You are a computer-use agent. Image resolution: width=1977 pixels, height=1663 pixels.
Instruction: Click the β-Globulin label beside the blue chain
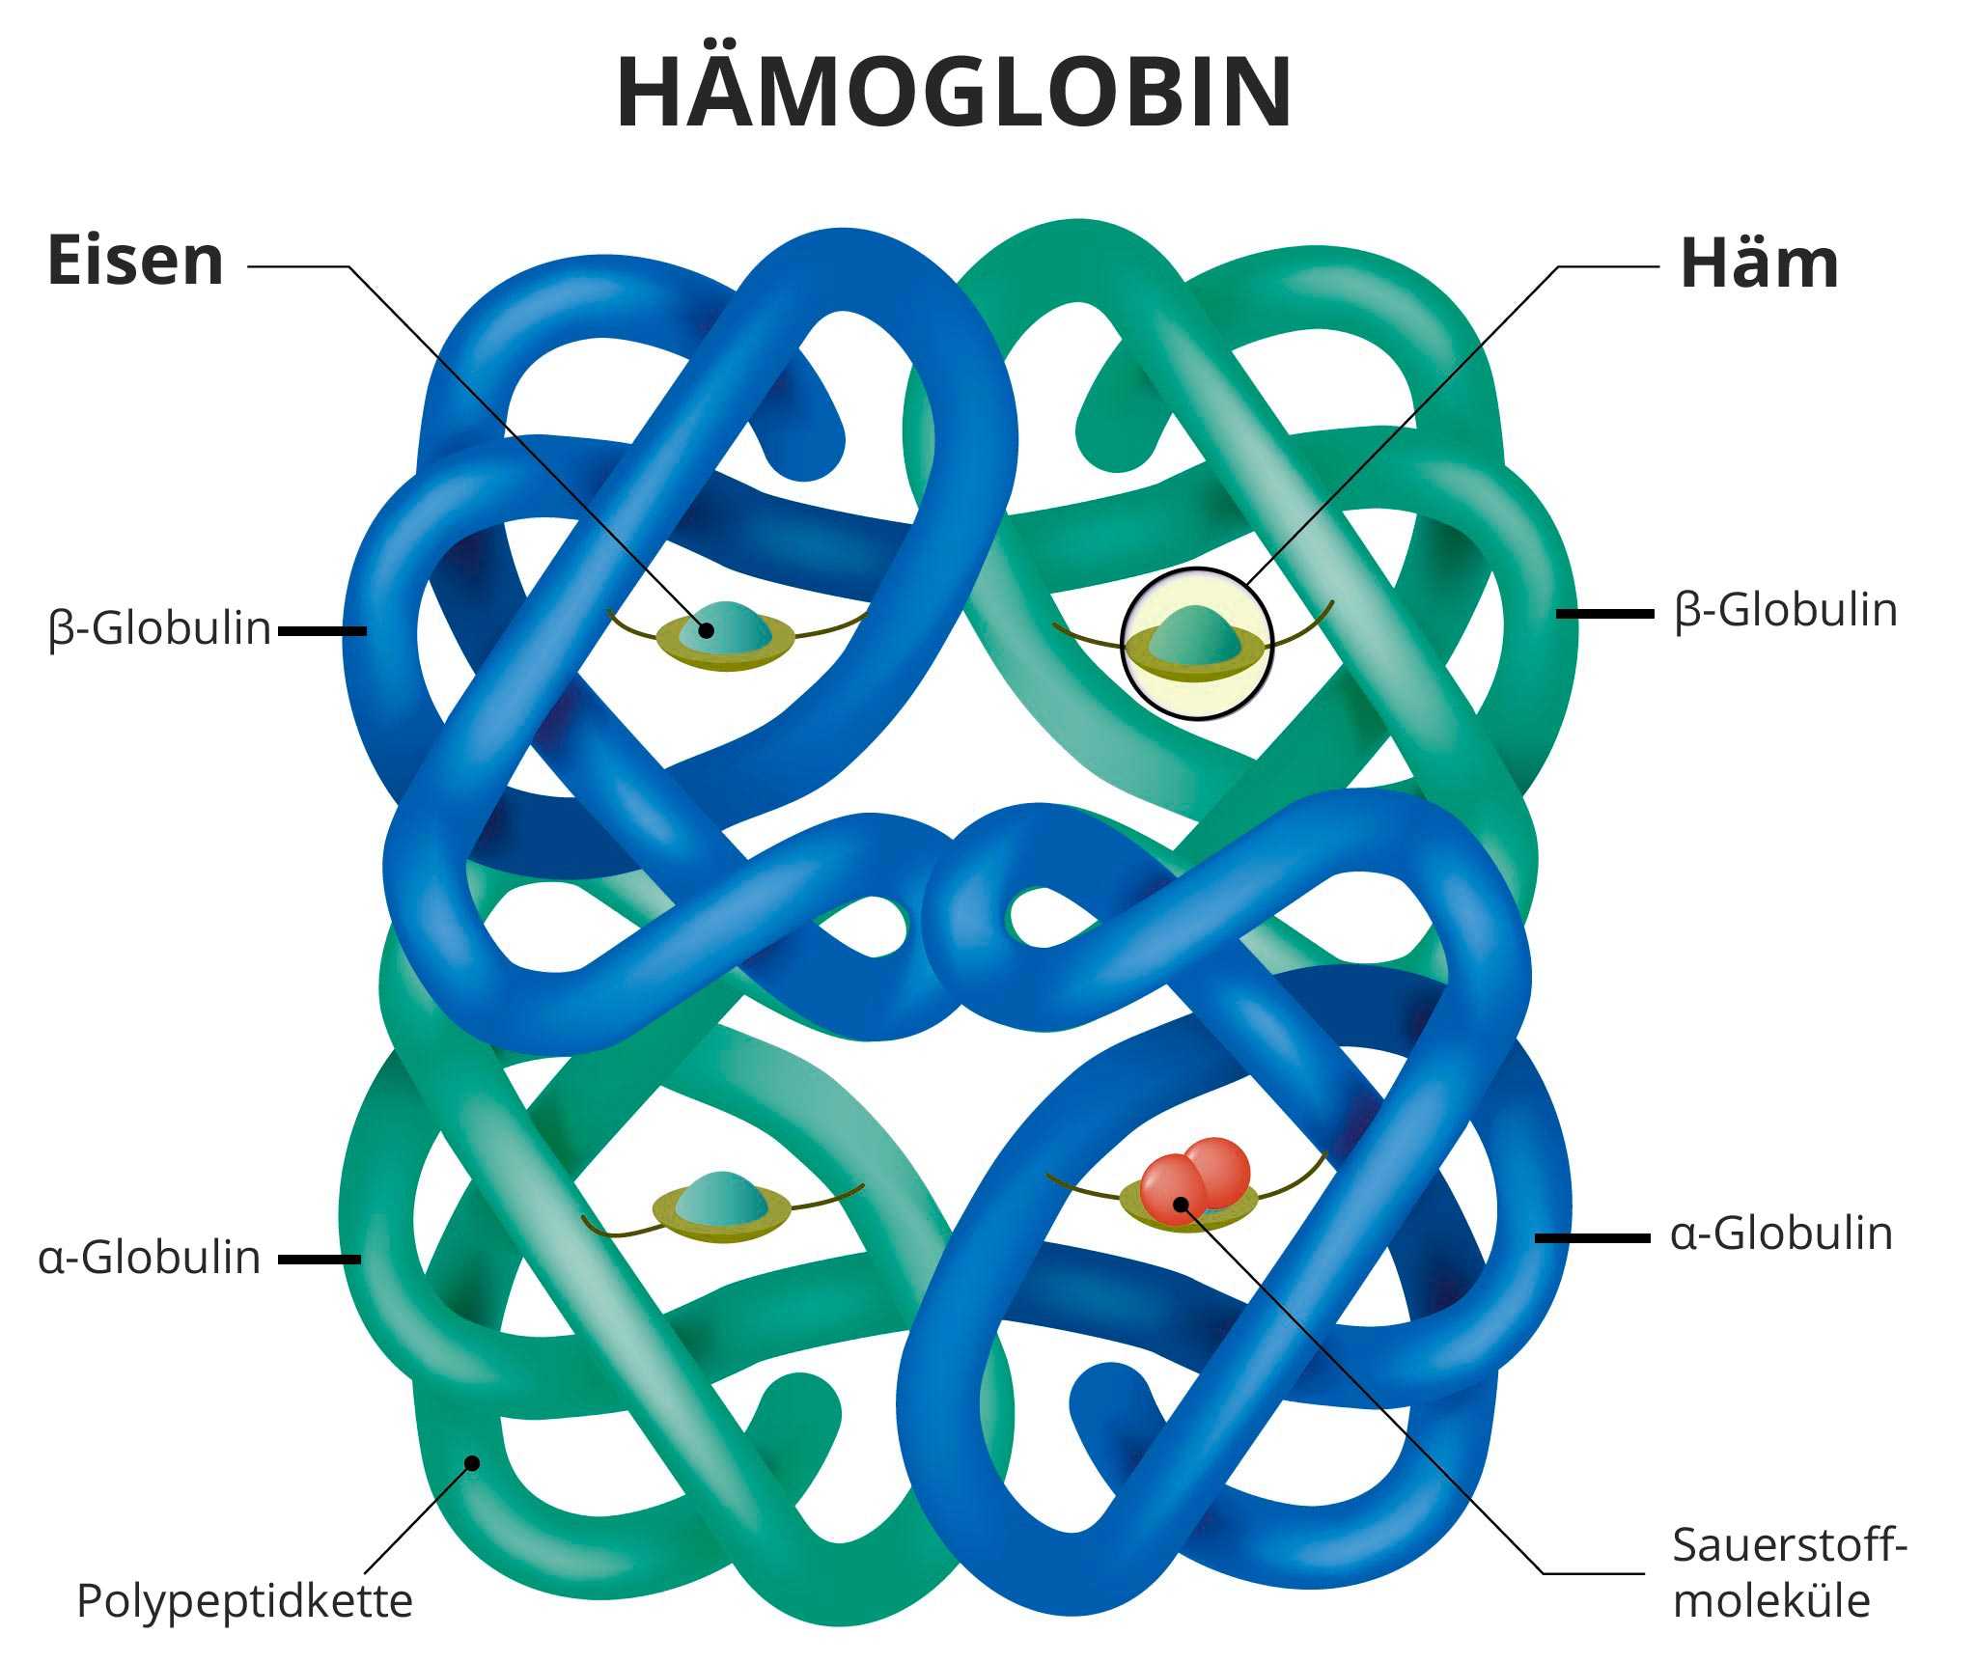pos(160,628)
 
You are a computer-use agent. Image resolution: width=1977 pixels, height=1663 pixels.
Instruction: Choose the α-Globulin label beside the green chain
pos(150,1258)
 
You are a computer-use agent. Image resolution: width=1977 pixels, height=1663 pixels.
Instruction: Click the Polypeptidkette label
pos(244,1600)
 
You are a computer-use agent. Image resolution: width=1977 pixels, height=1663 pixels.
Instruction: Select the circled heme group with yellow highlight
pos(1197,644)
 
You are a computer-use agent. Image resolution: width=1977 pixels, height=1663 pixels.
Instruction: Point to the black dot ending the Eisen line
pos(707,630)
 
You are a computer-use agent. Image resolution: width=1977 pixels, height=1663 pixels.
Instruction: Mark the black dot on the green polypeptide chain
pos(472,1462)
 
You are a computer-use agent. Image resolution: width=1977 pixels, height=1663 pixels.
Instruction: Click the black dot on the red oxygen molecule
pos(1180,1203)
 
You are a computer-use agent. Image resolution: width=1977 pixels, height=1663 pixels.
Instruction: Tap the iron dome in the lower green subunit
pos(720,1196)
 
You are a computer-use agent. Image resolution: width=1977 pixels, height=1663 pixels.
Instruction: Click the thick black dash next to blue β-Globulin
pos(322,631)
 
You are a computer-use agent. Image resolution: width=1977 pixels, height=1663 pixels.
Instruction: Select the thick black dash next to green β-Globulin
pos(1604,613)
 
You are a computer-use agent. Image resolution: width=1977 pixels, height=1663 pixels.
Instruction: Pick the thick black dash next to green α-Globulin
pos(320,1260)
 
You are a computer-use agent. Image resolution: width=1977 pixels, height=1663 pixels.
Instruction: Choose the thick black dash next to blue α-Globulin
pos(1592,1237)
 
